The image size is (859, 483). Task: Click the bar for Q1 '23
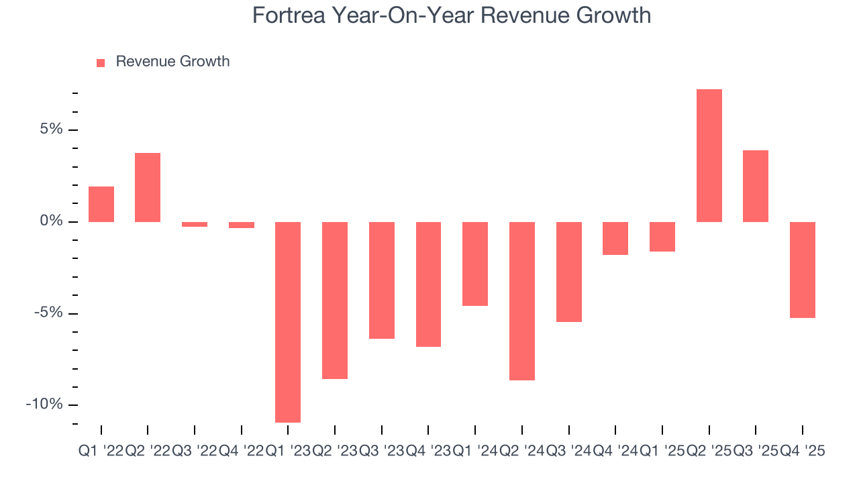288,322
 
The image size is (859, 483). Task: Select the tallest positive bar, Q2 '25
709,156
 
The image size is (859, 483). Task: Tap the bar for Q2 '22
148,188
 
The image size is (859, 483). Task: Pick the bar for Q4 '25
803,270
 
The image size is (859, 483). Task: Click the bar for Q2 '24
522,301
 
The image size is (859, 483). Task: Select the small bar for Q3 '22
195,225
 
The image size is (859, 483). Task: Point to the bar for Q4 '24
615,238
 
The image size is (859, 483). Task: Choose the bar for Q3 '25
756,186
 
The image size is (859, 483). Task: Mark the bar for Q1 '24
475,264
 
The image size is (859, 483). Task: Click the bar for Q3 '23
382,280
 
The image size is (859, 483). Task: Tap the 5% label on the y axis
50,129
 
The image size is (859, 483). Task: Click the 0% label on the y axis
50,221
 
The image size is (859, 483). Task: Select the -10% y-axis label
44,404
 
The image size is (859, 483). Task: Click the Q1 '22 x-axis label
101,451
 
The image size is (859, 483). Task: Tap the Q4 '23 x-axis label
428,451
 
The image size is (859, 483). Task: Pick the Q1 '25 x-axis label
662,451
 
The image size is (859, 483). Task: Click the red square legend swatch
101,62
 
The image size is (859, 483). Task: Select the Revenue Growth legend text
172,62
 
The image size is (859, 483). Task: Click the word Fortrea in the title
289,15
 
